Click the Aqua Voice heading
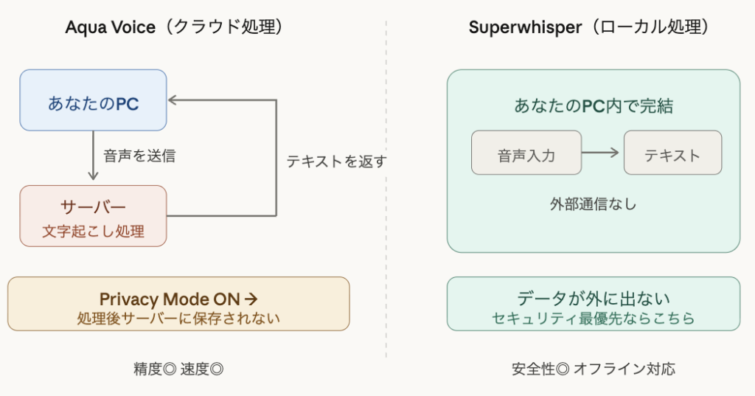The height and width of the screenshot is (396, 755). coord(175,28)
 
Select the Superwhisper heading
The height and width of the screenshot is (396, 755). coord(589,28)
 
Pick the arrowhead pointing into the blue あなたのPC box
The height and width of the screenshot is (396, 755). coord(173,99)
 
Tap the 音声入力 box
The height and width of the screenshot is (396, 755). coord(526,156)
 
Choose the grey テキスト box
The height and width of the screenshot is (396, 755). coord(672,156)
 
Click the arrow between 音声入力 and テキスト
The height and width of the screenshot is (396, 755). coord(602,153)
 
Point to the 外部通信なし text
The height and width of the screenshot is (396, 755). coord(593,204)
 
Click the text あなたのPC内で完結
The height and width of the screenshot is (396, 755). coord(593,106)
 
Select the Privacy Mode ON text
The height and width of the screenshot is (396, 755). coord(178,299)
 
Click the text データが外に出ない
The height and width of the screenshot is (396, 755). coord(593,299)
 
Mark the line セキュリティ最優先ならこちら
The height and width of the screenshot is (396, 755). coord(593,319)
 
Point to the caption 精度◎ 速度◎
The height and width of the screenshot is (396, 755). coord(178,369)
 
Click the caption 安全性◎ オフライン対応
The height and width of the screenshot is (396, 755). coord(593,369)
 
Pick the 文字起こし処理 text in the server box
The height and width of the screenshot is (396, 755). coord(93,232)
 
